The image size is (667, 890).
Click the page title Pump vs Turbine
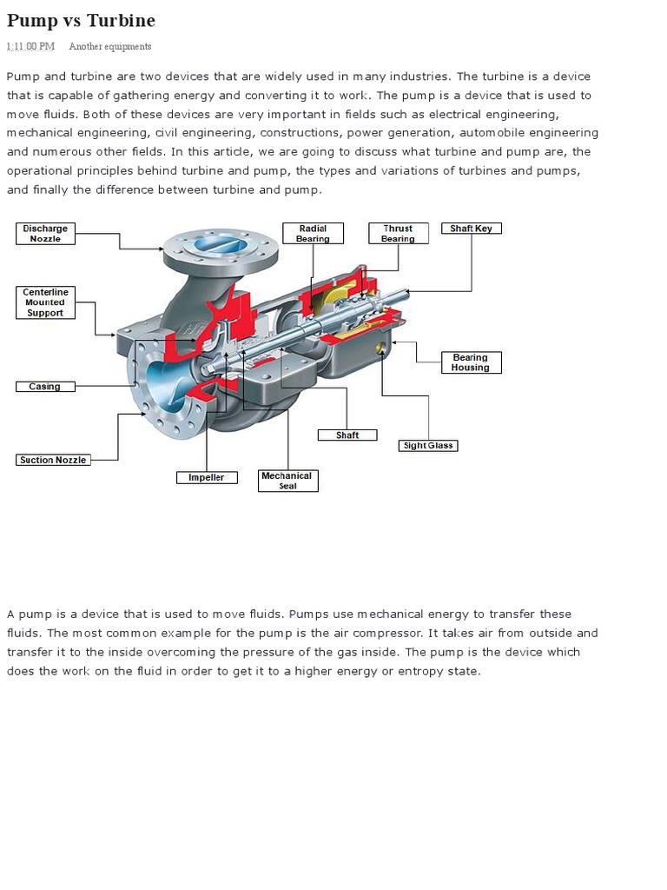(81, 20)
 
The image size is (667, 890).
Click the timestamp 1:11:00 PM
(30, 46)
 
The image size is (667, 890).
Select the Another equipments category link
(109, 46)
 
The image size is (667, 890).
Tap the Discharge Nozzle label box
(45, 234)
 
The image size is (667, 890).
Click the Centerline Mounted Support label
(45, 302)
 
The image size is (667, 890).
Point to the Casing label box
(45, 387)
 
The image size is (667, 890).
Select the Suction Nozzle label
(53, 460)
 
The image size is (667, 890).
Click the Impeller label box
(206, 477)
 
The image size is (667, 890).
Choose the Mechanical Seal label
(287, 481)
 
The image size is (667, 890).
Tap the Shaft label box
(347, 435)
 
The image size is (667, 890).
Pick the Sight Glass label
(428, 446)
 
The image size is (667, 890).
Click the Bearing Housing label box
(470, 362)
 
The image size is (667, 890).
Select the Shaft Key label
(471, 229)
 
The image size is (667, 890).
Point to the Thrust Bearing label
(398, 234)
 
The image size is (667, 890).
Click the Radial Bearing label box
(313, 234)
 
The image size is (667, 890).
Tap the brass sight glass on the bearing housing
(380, 349)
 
